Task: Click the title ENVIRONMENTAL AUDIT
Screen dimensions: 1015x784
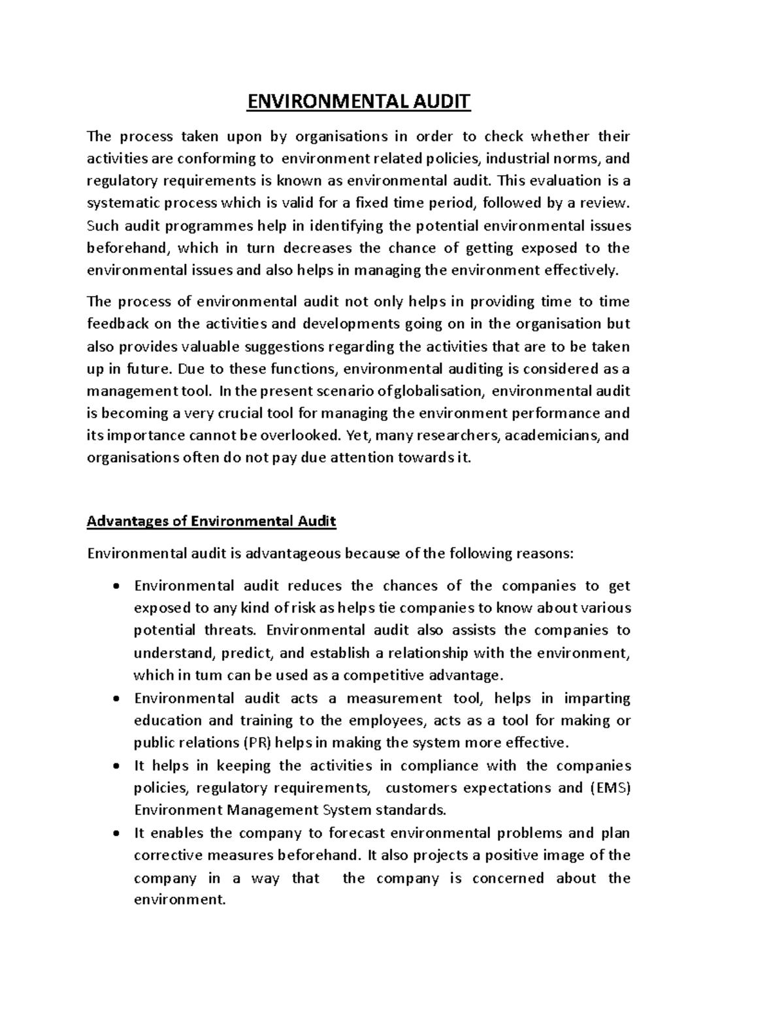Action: point(357,102)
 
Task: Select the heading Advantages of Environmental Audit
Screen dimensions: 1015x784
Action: point(211,522)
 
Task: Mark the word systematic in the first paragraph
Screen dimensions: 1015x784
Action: point(125,203)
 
